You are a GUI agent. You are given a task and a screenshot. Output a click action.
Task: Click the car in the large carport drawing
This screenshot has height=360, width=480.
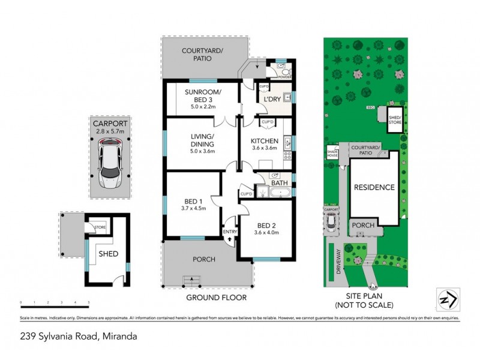pyautogui.click(x=109, y=162)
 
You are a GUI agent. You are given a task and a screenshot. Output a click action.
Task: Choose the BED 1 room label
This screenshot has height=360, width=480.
pyautogui.click(x=193, y=205)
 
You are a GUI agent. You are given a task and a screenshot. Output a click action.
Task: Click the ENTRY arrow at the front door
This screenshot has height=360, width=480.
pyautogui.click(x=230, y=238)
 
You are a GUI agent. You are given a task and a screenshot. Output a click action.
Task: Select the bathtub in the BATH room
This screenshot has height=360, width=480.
pyautogui.click(x=280, y=193)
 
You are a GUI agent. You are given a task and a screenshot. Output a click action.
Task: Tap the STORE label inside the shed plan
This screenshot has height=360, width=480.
pyautogui.click(x=100, y=227)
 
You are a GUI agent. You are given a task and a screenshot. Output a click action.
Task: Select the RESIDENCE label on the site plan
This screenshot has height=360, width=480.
pyautogui.click(x=373, y=187)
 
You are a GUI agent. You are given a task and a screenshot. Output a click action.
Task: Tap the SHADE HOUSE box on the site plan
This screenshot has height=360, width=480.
pyautogui.click(x=332, y=152)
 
